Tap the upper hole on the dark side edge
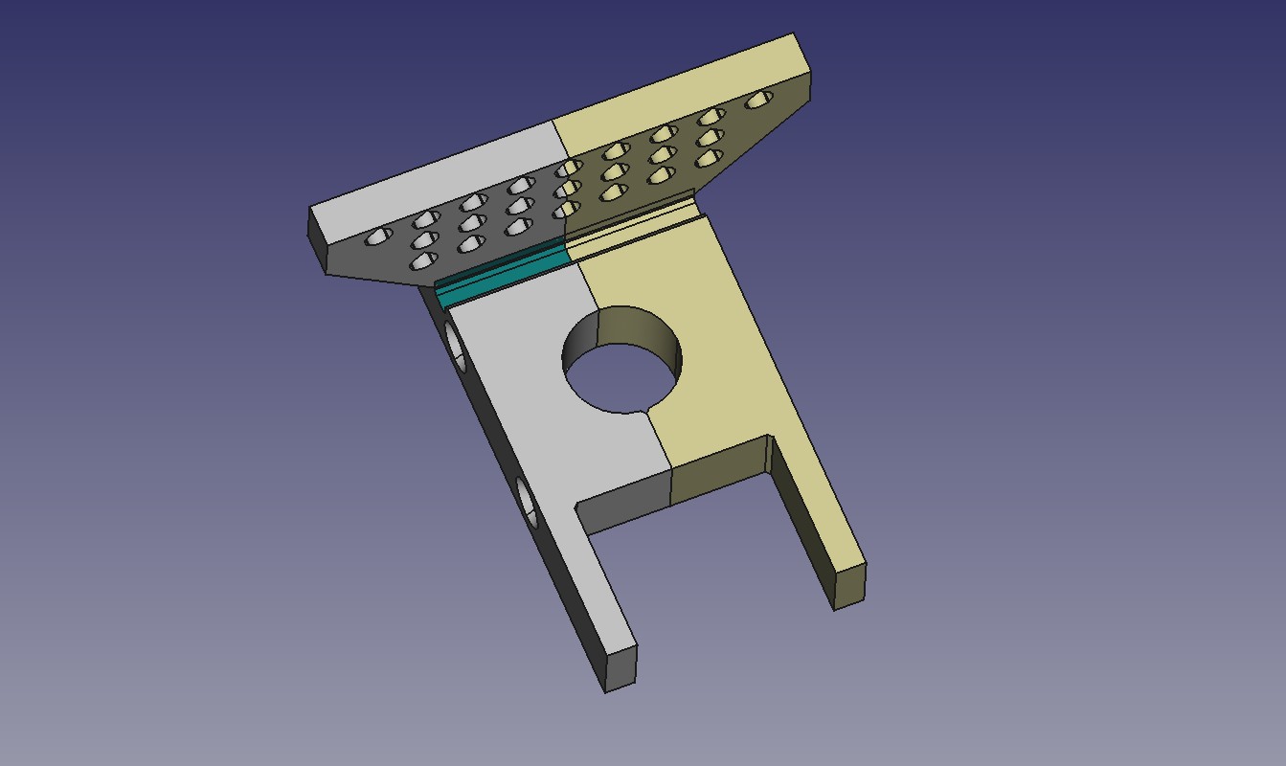(x=456, y=349)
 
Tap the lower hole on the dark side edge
(x=526, y=503)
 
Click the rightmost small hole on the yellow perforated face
(x=760, y=99)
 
